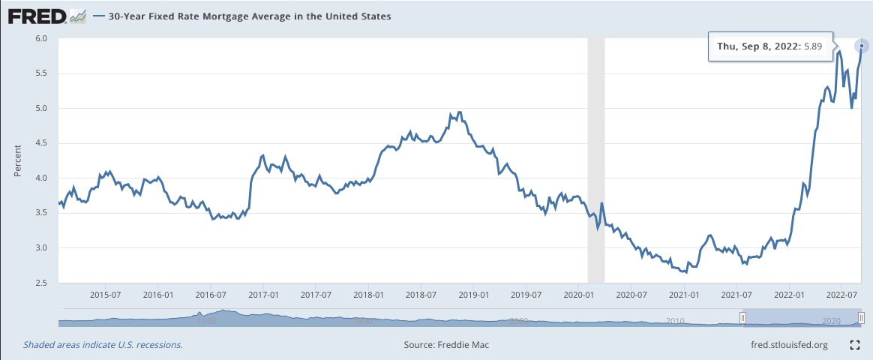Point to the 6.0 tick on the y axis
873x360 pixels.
pyautogui.click(x=42, y=38)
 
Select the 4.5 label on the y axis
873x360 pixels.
pyautogui.click(x=42, y=143)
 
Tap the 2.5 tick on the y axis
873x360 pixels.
pyautogui.click(x=42, y=283)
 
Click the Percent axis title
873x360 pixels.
pyautogui.click(x=17, y=160)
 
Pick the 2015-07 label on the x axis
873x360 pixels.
pyautogui.click(x=106, y=295)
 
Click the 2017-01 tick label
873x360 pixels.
pyautogui.click(x=263, y=295)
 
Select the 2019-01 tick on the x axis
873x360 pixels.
pyautogui.click(x=474, y=295)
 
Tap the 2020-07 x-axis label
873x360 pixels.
pyautogui.click(x=631, y=295)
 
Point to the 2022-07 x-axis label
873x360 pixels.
pyautogui.click(x=841, y=295)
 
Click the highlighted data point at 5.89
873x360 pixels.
pyautogui.click(x=862, y=46)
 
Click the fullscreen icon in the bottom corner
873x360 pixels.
pyautogui.click(x=853, y=345)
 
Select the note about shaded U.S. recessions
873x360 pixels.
pyautogui.click(x=103, y=345)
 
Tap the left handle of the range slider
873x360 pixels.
pyautogui.click(x=742, y=319)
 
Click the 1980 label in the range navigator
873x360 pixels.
pyautogui.click(x=207, y=321)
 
